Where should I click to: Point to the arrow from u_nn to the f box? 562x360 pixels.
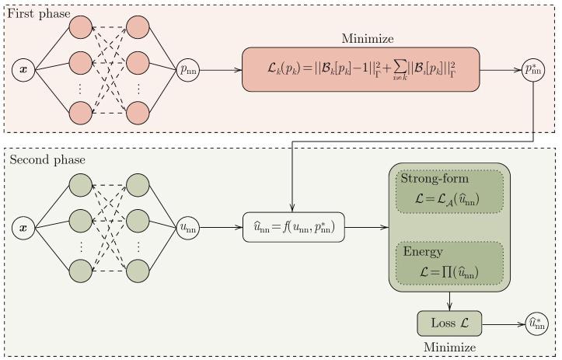(x=221, y=228)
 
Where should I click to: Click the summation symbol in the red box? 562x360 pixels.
(x=398, y=71)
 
